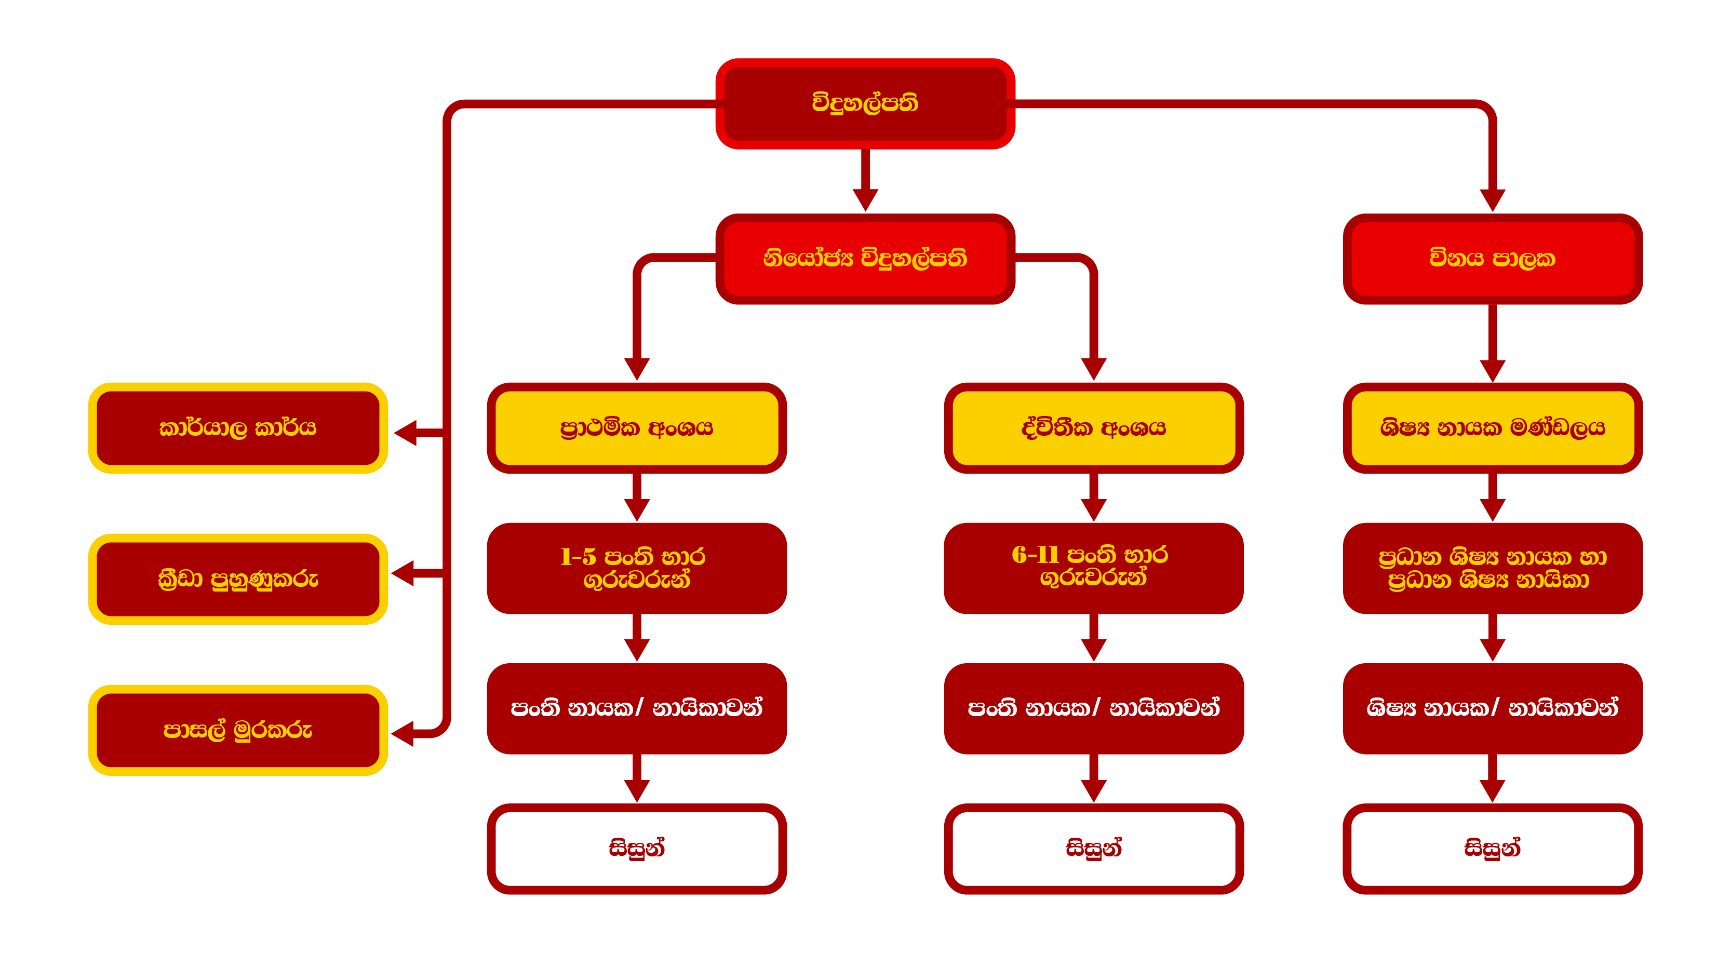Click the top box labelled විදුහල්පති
865,103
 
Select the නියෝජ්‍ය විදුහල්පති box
865,259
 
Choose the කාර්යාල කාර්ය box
238,428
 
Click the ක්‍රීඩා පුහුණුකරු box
238,579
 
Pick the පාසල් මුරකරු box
238,731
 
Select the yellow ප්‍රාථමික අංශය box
636,428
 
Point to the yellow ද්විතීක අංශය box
1093,428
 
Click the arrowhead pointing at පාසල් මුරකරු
403,733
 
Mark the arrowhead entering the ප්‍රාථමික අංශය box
636,368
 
